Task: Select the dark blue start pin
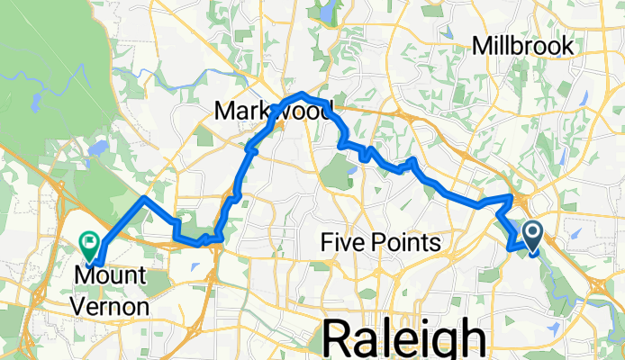coord(531,236)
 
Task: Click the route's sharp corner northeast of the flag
coord(144,197)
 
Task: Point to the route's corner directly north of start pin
coord(512,196)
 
